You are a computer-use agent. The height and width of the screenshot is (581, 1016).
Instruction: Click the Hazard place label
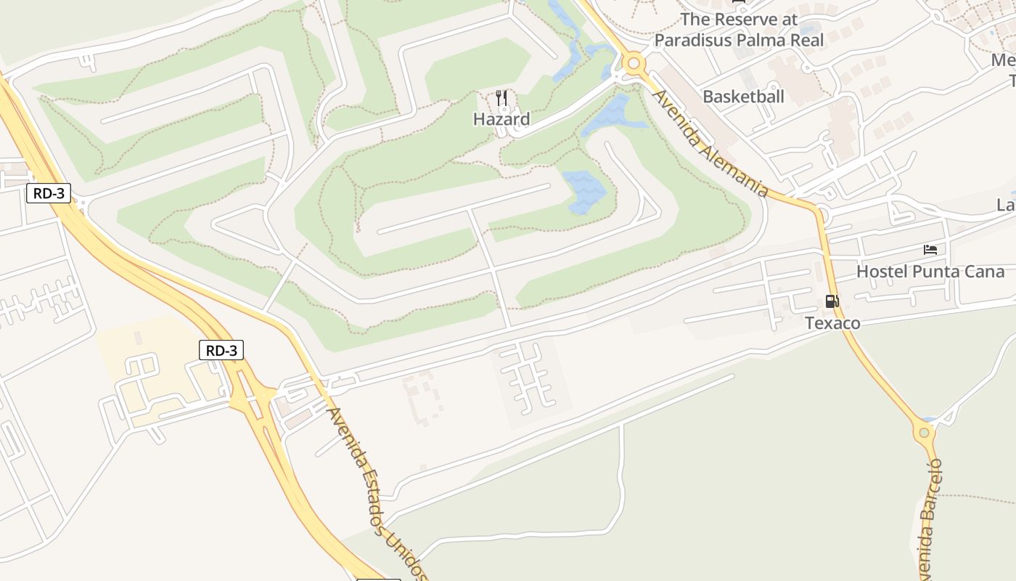click(501, 119)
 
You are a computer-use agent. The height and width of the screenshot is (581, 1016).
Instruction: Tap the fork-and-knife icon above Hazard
click(501, 98)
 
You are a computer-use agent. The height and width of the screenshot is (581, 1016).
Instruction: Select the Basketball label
click(743, 97)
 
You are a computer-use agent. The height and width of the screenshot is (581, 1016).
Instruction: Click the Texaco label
click(832, 323)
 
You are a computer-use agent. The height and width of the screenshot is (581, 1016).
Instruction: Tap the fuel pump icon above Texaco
click(832, 301)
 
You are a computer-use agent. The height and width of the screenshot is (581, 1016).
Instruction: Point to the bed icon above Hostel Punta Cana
click(930, 250)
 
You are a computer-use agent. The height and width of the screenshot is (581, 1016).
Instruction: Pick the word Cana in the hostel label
click(985, 272)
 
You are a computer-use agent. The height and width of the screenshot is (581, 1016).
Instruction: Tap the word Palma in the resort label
click(761, 40)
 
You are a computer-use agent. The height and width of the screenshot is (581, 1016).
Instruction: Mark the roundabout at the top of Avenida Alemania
click(634, 64)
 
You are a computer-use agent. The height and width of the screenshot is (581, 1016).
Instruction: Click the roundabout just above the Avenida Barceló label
click(924, 434)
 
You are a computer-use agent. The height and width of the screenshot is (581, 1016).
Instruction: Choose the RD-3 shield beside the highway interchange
click(221, 351)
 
